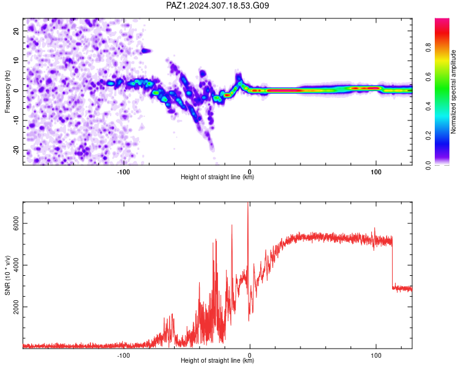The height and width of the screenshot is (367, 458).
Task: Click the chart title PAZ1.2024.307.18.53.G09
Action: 217,6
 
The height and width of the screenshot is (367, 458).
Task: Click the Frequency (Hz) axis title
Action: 7,92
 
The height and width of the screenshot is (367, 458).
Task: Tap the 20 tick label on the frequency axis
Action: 16,31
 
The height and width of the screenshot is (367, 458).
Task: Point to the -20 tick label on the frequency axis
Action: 16,150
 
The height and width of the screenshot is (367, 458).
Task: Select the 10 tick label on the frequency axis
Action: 16,61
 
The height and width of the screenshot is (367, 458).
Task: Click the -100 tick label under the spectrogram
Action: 123,172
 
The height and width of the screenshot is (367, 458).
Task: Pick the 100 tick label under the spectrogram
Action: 376,172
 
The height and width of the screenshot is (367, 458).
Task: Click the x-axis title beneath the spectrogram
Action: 217,177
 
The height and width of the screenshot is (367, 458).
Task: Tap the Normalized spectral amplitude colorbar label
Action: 453,92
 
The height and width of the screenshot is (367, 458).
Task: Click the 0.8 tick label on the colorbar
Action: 428,47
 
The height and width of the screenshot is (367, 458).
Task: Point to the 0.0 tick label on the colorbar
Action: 428,165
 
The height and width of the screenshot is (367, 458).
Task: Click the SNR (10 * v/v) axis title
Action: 7,275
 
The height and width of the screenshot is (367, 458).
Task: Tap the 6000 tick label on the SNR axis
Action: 16,223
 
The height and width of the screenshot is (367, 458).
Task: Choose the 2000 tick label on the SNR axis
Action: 16,306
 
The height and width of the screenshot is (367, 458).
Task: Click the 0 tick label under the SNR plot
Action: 249,355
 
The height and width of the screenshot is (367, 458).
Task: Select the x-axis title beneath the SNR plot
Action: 217,360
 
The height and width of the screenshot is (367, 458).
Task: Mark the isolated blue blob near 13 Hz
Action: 146,51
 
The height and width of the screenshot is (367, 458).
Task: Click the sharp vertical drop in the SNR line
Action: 392,262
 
